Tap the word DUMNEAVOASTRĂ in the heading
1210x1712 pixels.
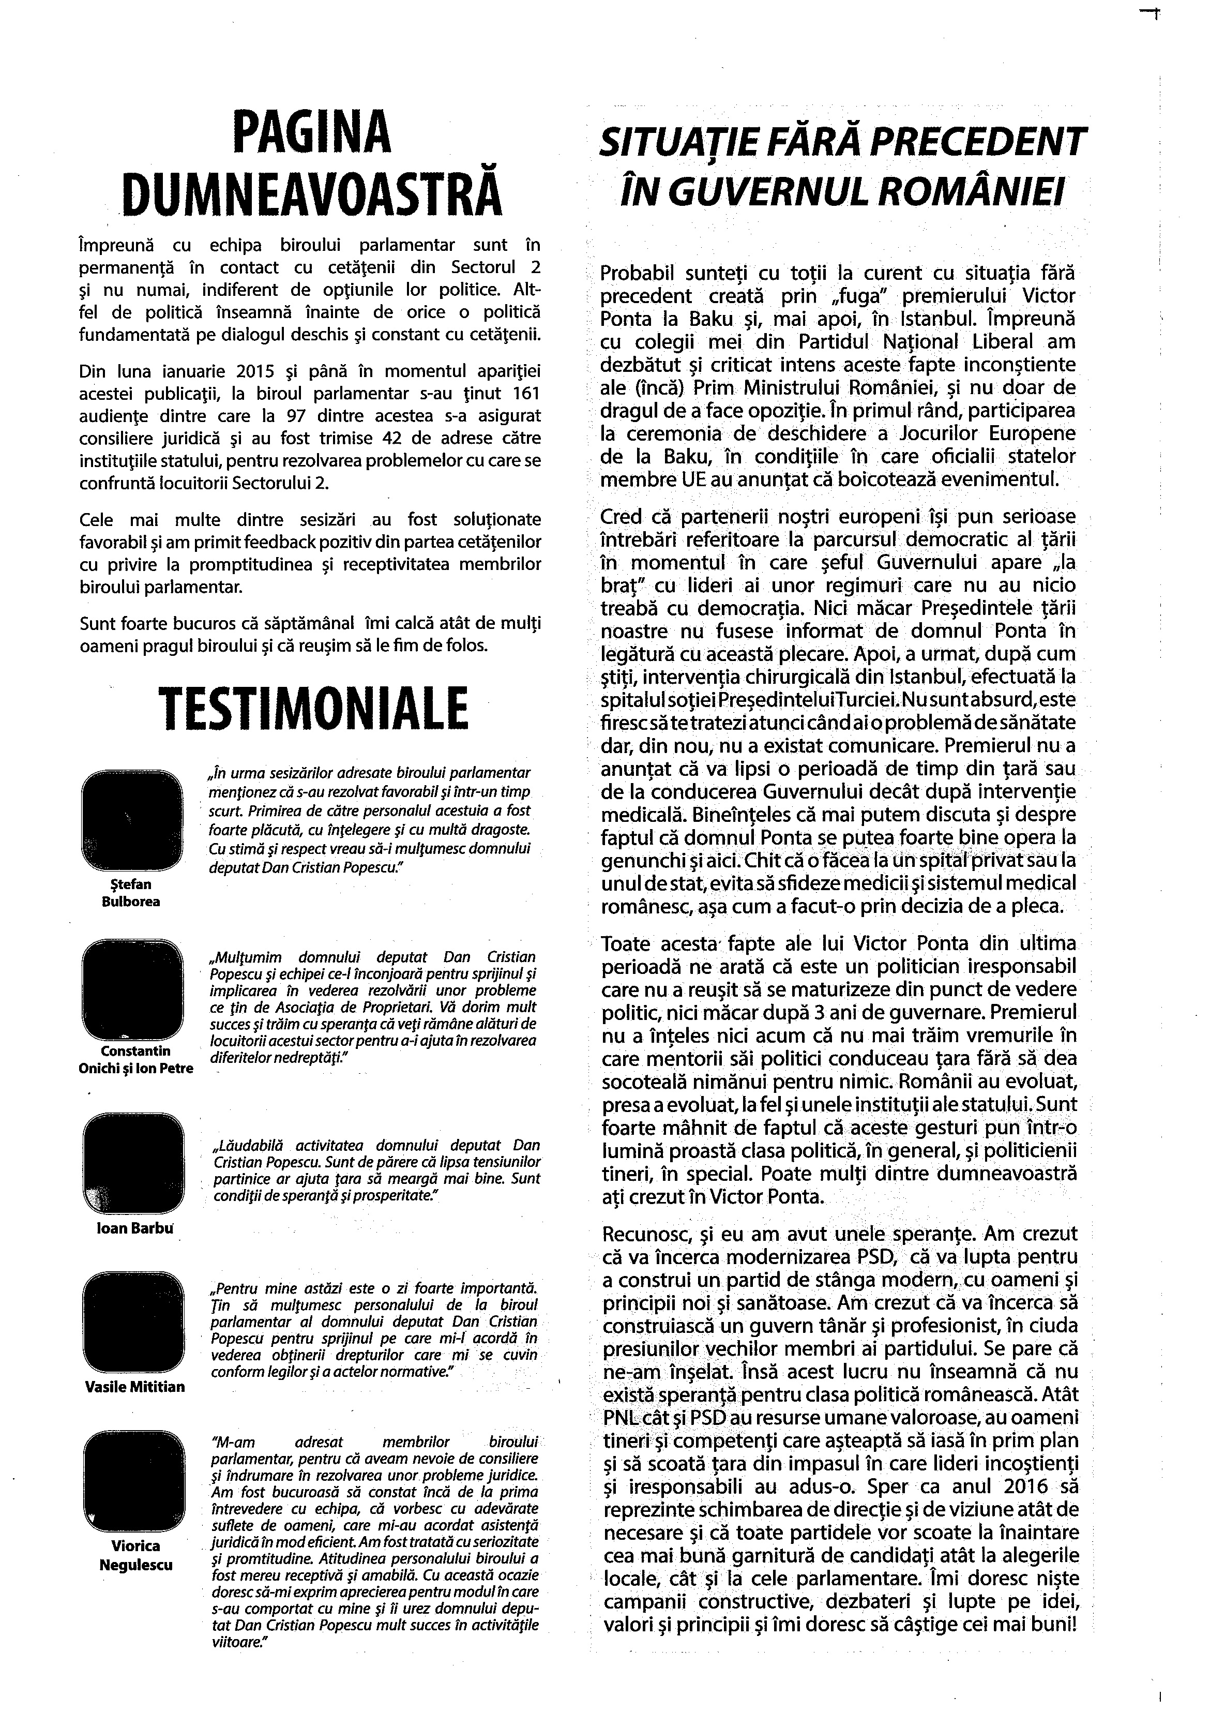(311, 192)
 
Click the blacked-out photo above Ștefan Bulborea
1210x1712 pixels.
(131, 821)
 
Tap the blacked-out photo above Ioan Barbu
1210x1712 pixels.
(131, 1164)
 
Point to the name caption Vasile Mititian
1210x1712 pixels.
(135, 1387)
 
